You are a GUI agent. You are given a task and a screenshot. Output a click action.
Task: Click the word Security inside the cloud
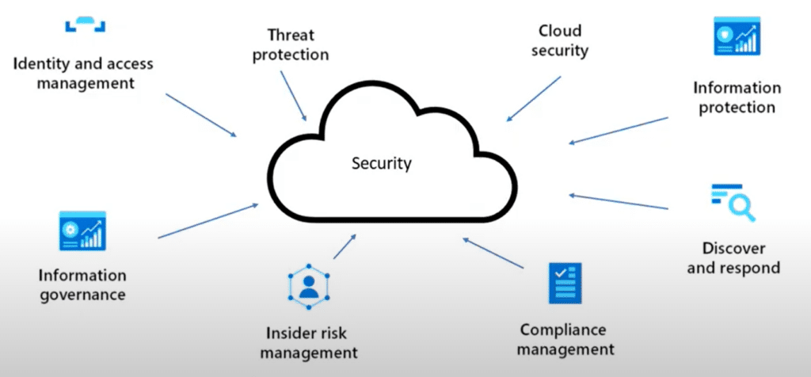(x=382, y=164)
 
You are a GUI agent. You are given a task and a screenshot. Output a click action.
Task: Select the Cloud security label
(x=560, y=40)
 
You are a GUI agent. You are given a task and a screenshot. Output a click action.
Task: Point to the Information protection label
(x=737, y=97)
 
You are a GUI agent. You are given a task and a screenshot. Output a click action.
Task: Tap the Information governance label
(x=82, y=285)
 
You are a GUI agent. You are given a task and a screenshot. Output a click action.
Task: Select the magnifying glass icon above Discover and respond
(x=733, y=202)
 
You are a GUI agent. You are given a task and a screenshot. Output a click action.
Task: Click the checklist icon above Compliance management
(x=565, y=283)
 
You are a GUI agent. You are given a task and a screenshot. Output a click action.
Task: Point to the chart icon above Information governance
(x=82, y=231)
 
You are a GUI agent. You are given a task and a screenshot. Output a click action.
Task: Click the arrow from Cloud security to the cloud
(x=535, y=98)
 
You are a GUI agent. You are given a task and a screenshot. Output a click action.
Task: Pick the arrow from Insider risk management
(x=345, y=246)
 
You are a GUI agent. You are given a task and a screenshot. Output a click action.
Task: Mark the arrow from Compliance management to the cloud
(x=494, y=253)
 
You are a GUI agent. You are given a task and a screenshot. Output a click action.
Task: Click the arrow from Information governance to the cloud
(x=208, y=220)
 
